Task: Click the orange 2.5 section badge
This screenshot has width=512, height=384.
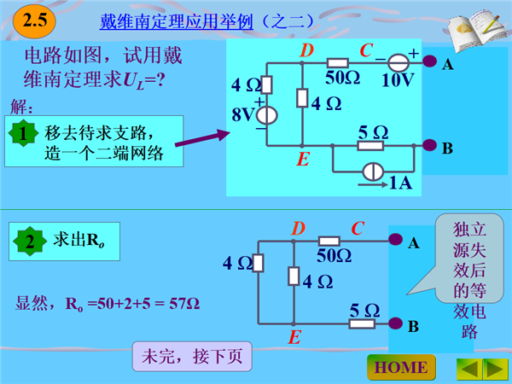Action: click(34, 21)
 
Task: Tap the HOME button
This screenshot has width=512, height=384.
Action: click(401, 367)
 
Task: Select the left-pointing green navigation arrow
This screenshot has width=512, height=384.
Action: click(469, 369)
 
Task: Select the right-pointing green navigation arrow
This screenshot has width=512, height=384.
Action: click(496, 369)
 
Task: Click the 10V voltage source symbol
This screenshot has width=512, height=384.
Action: click(399, 62)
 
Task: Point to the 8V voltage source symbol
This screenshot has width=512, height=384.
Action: click(267, 115)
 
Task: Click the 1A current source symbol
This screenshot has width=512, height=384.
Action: click(373, 172)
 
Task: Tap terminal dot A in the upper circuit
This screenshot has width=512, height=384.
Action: click(429, 61)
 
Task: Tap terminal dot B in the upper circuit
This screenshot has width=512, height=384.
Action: click(429, 145)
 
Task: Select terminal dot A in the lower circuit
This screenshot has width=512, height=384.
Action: click(395, 239)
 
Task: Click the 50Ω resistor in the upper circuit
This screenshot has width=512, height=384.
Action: click(338, 63)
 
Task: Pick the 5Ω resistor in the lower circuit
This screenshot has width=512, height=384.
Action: click(362, 323)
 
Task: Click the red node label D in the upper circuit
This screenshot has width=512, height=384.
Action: click(307, 50)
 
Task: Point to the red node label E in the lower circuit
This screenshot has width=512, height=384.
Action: click(294, 337)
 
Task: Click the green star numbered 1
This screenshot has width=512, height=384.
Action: click(23, 133)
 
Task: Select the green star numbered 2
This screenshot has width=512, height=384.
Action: click(30, 241)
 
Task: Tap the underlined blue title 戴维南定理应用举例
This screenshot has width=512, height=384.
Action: click(177, 22)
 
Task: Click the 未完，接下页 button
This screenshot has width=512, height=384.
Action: click(192, 356)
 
